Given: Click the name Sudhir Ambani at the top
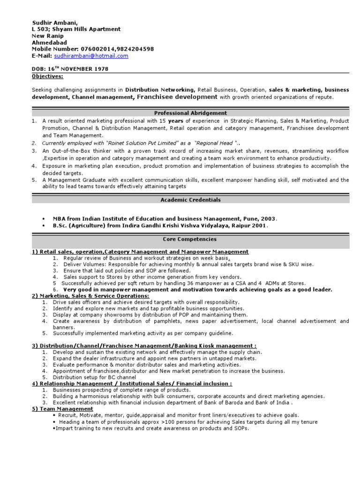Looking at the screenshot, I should tap(51, 22).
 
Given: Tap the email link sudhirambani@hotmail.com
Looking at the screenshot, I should tap(91, 56).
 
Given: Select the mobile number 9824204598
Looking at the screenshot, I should tap(138, 49).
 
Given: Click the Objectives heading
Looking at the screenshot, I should tap(47, 76).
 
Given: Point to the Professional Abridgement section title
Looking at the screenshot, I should tap(190, 113).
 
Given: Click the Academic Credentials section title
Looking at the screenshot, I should tap(190, 200).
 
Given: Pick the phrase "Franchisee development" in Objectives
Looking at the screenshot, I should tap(176, 97).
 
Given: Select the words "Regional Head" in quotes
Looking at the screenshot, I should tap(214, 143).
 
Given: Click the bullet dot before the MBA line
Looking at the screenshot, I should tap(43, 219).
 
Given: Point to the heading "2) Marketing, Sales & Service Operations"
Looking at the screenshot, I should tap(90, 296).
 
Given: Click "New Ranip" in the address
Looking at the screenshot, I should tap(47, 36).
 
